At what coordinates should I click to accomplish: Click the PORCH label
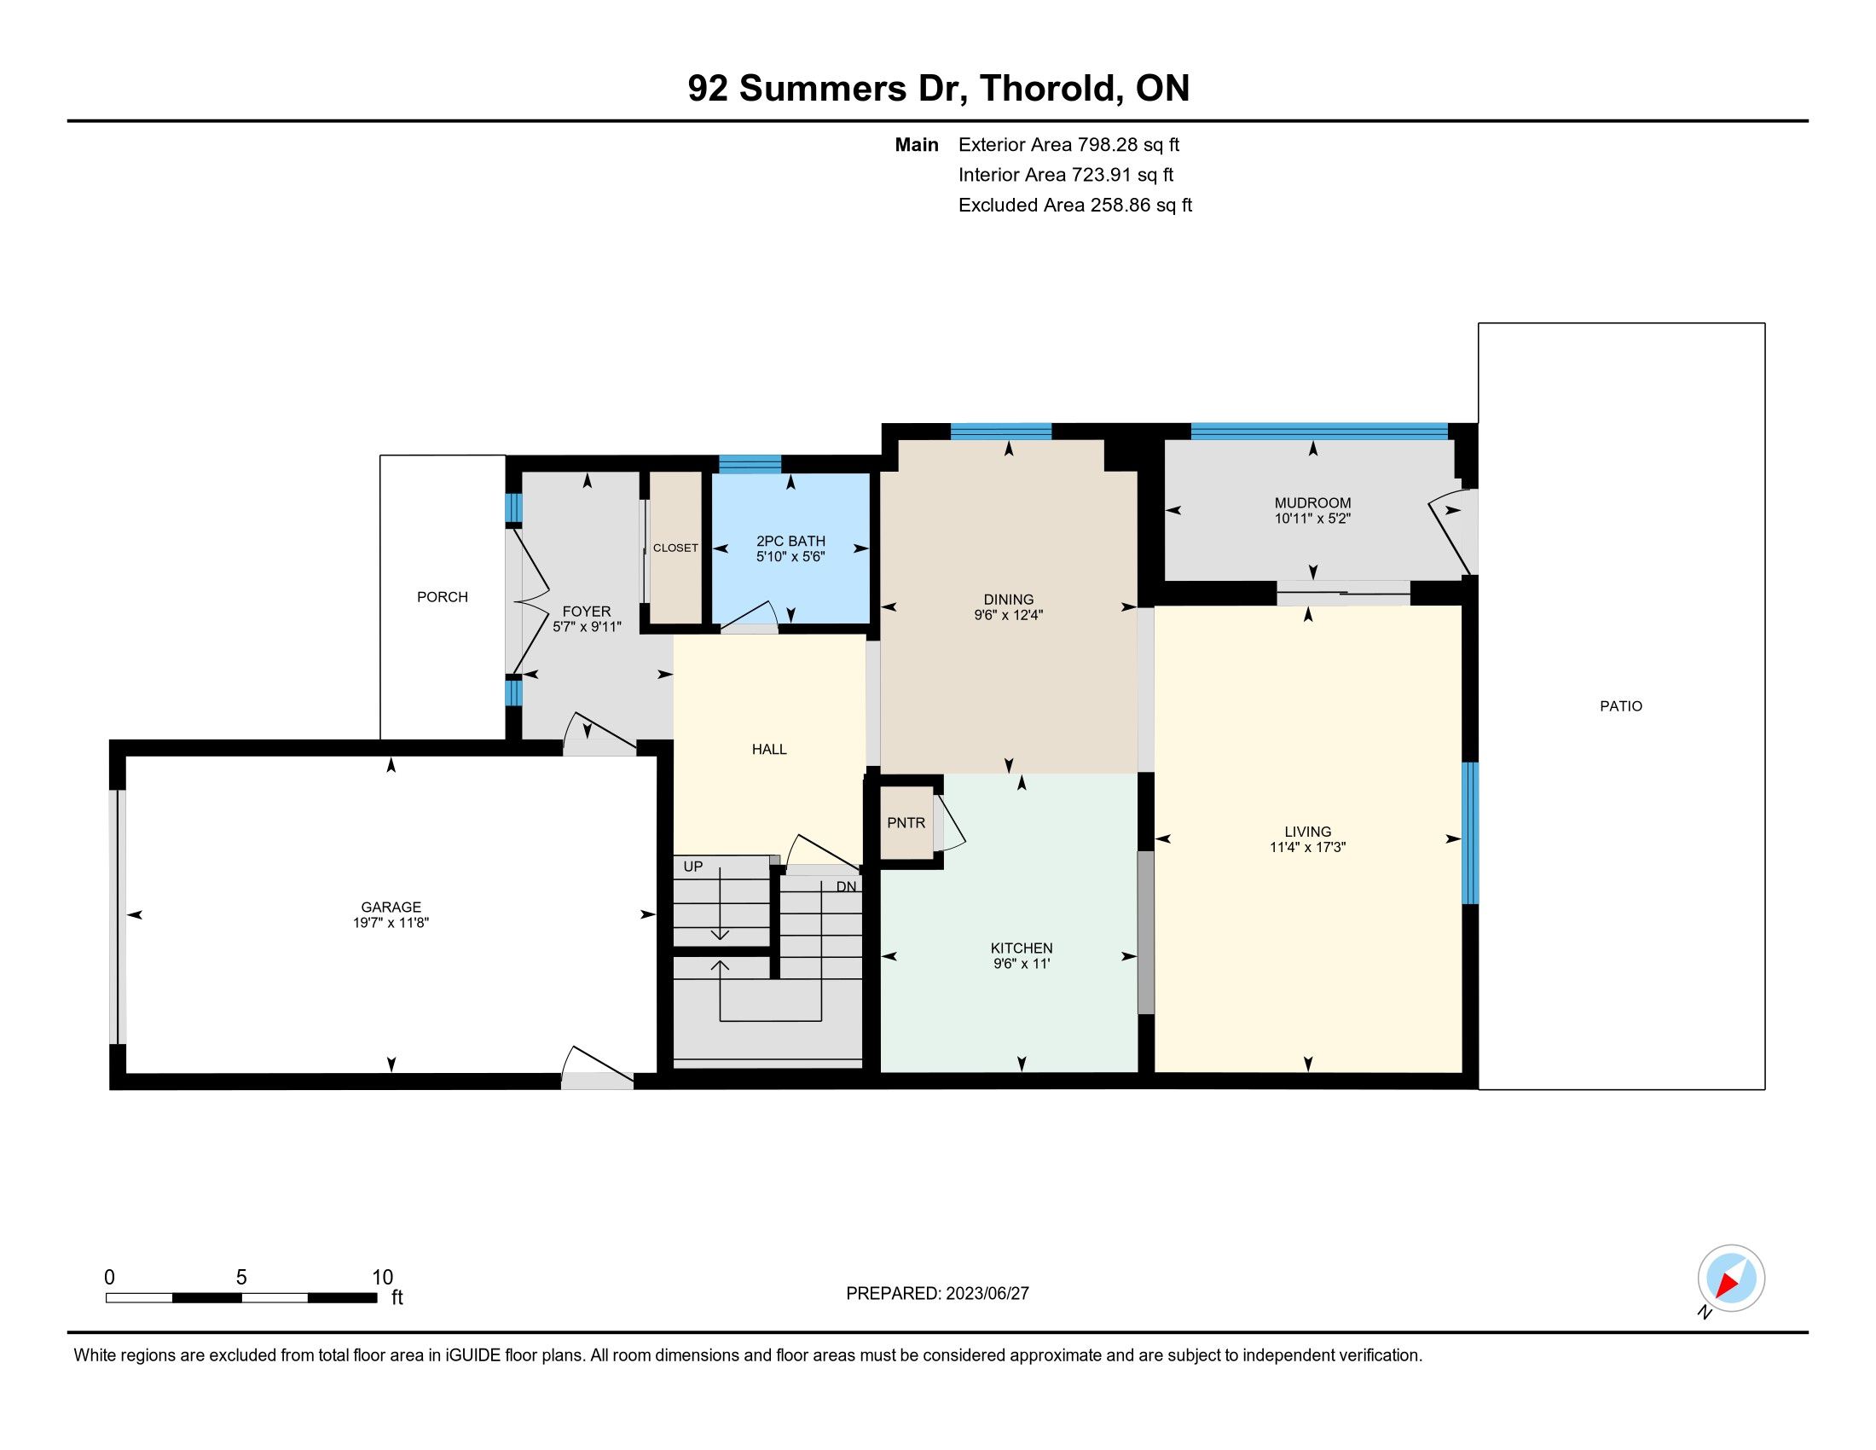443,597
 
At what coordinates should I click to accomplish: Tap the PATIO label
1621,706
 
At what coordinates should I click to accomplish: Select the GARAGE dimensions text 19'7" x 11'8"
391,923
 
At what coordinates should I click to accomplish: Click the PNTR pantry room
906,823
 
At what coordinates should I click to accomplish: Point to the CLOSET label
675,548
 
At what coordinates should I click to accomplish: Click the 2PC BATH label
790,541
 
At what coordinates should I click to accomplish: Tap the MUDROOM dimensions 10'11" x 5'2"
1312,519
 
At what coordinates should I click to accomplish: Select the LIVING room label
1307,832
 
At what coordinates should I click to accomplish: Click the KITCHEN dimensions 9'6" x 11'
1022,964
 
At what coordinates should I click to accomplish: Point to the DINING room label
1009,600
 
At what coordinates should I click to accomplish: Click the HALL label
769,749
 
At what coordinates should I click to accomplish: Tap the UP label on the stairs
692,867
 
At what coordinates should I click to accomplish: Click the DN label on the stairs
846,886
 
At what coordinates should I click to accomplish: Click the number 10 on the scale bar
382,1278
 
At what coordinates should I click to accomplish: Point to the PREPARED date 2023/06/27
987,1294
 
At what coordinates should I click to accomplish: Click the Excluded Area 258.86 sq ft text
1075,206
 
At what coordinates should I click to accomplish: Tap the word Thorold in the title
1050,89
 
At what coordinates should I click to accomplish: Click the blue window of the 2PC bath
750,464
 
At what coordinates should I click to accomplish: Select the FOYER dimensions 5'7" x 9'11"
587,627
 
